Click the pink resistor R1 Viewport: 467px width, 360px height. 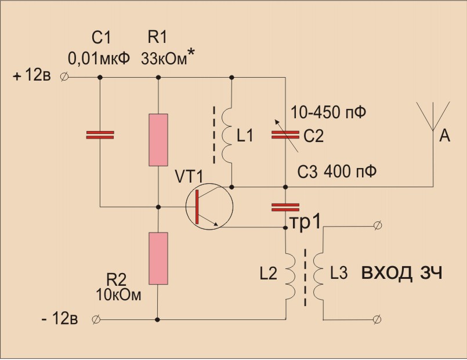(158, 140)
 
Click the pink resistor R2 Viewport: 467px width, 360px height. (158, 258)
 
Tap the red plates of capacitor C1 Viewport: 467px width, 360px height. (100, 134)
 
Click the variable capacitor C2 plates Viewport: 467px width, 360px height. (285, 134)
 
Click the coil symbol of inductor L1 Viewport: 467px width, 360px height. (227, 136)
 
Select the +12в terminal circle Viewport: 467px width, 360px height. (64, 77)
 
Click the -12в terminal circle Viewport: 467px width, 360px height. (96, 319)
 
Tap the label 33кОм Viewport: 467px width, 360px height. (164, 59)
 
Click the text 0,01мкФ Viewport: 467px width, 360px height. (99, 59)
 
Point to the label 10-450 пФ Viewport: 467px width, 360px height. (328, 112)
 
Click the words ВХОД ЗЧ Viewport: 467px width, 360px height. (402, 273)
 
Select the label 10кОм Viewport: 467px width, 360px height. (118, 295)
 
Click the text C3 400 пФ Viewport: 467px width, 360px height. (337, 172)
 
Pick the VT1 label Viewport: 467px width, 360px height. (189, 177)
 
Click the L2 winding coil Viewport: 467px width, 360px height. (291, 277)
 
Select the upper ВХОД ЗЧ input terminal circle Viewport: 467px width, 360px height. (377, 226)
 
